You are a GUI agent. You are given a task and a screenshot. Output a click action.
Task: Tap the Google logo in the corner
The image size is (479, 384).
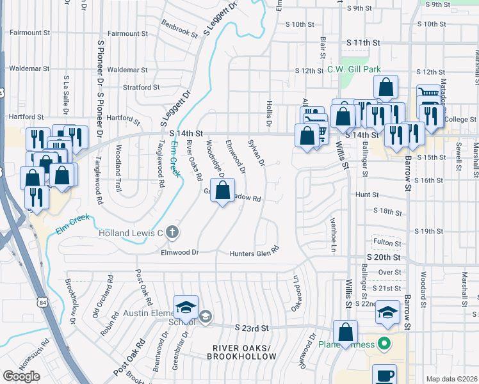(x=21, y=376)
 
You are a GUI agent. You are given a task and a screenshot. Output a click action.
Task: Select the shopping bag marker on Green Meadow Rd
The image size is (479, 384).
(x=222, y=191)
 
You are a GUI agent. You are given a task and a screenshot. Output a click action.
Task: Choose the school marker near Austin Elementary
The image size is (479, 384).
(x=186, y=308)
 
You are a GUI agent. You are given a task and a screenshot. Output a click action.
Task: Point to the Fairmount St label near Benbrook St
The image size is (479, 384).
(x=127, y=33)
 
